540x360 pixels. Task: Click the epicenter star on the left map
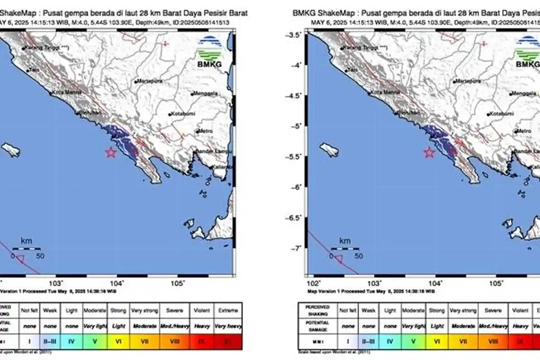(x=111, y=153)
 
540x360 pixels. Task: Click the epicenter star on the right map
(x=429, y=153)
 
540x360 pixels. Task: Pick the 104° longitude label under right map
(x=435, y=283)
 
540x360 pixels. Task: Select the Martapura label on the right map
(x=468, y=81)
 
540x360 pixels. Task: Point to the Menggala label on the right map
(x=524, y=94)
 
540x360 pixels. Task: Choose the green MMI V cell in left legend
(x=95, y=342)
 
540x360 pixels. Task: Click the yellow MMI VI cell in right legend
(x=436, y=342)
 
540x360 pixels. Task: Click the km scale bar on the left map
(x=26, y=249)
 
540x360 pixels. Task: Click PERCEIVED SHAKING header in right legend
(x=317, y=310)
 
